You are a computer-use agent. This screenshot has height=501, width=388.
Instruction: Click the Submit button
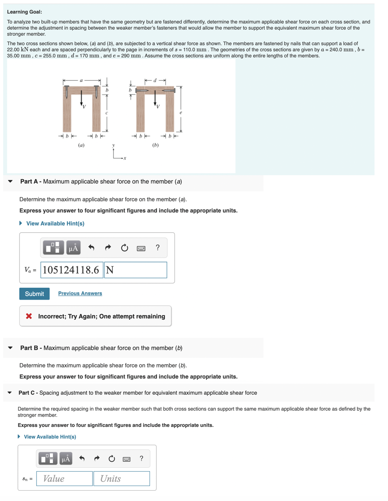(x=35, y=294)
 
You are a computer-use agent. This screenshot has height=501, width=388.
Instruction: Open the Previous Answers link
(x=80, y=293)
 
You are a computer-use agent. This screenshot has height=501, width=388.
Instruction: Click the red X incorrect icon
(x=29, y=316)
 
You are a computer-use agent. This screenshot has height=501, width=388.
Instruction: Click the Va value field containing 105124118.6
(x=71, y=270)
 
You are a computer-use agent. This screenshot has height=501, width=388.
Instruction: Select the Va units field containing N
(x=135, y=270)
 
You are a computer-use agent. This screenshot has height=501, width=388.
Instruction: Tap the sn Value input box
(x=64, y=478)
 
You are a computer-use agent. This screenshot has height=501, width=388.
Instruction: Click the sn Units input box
(x=121, y=478)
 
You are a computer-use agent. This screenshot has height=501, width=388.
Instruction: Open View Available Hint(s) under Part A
(x=55, y=224)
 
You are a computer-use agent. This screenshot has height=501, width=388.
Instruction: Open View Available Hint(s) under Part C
(x=50, y=437)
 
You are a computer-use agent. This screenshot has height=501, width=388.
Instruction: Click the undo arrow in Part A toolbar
(x=91, y=248)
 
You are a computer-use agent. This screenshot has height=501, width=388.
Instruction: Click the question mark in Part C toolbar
(x=141, y=459)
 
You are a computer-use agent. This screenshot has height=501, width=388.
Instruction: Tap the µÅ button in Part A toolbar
(x=73, y=248)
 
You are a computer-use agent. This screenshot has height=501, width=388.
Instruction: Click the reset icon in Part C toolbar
(x=112, y=459)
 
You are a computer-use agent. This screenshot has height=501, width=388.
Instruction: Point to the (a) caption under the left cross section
(x=81, y=145)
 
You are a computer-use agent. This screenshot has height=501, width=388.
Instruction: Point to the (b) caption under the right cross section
(x=155, y=145)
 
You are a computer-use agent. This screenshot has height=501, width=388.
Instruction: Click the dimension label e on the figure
(x=181, y=113)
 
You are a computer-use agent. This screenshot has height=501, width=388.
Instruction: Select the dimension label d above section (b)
(x=155, y=81)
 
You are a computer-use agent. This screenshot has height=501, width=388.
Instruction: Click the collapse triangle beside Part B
(x=10, y=348)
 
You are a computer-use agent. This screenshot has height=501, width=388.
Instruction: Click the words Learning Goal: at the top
(x=25, y=12)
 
